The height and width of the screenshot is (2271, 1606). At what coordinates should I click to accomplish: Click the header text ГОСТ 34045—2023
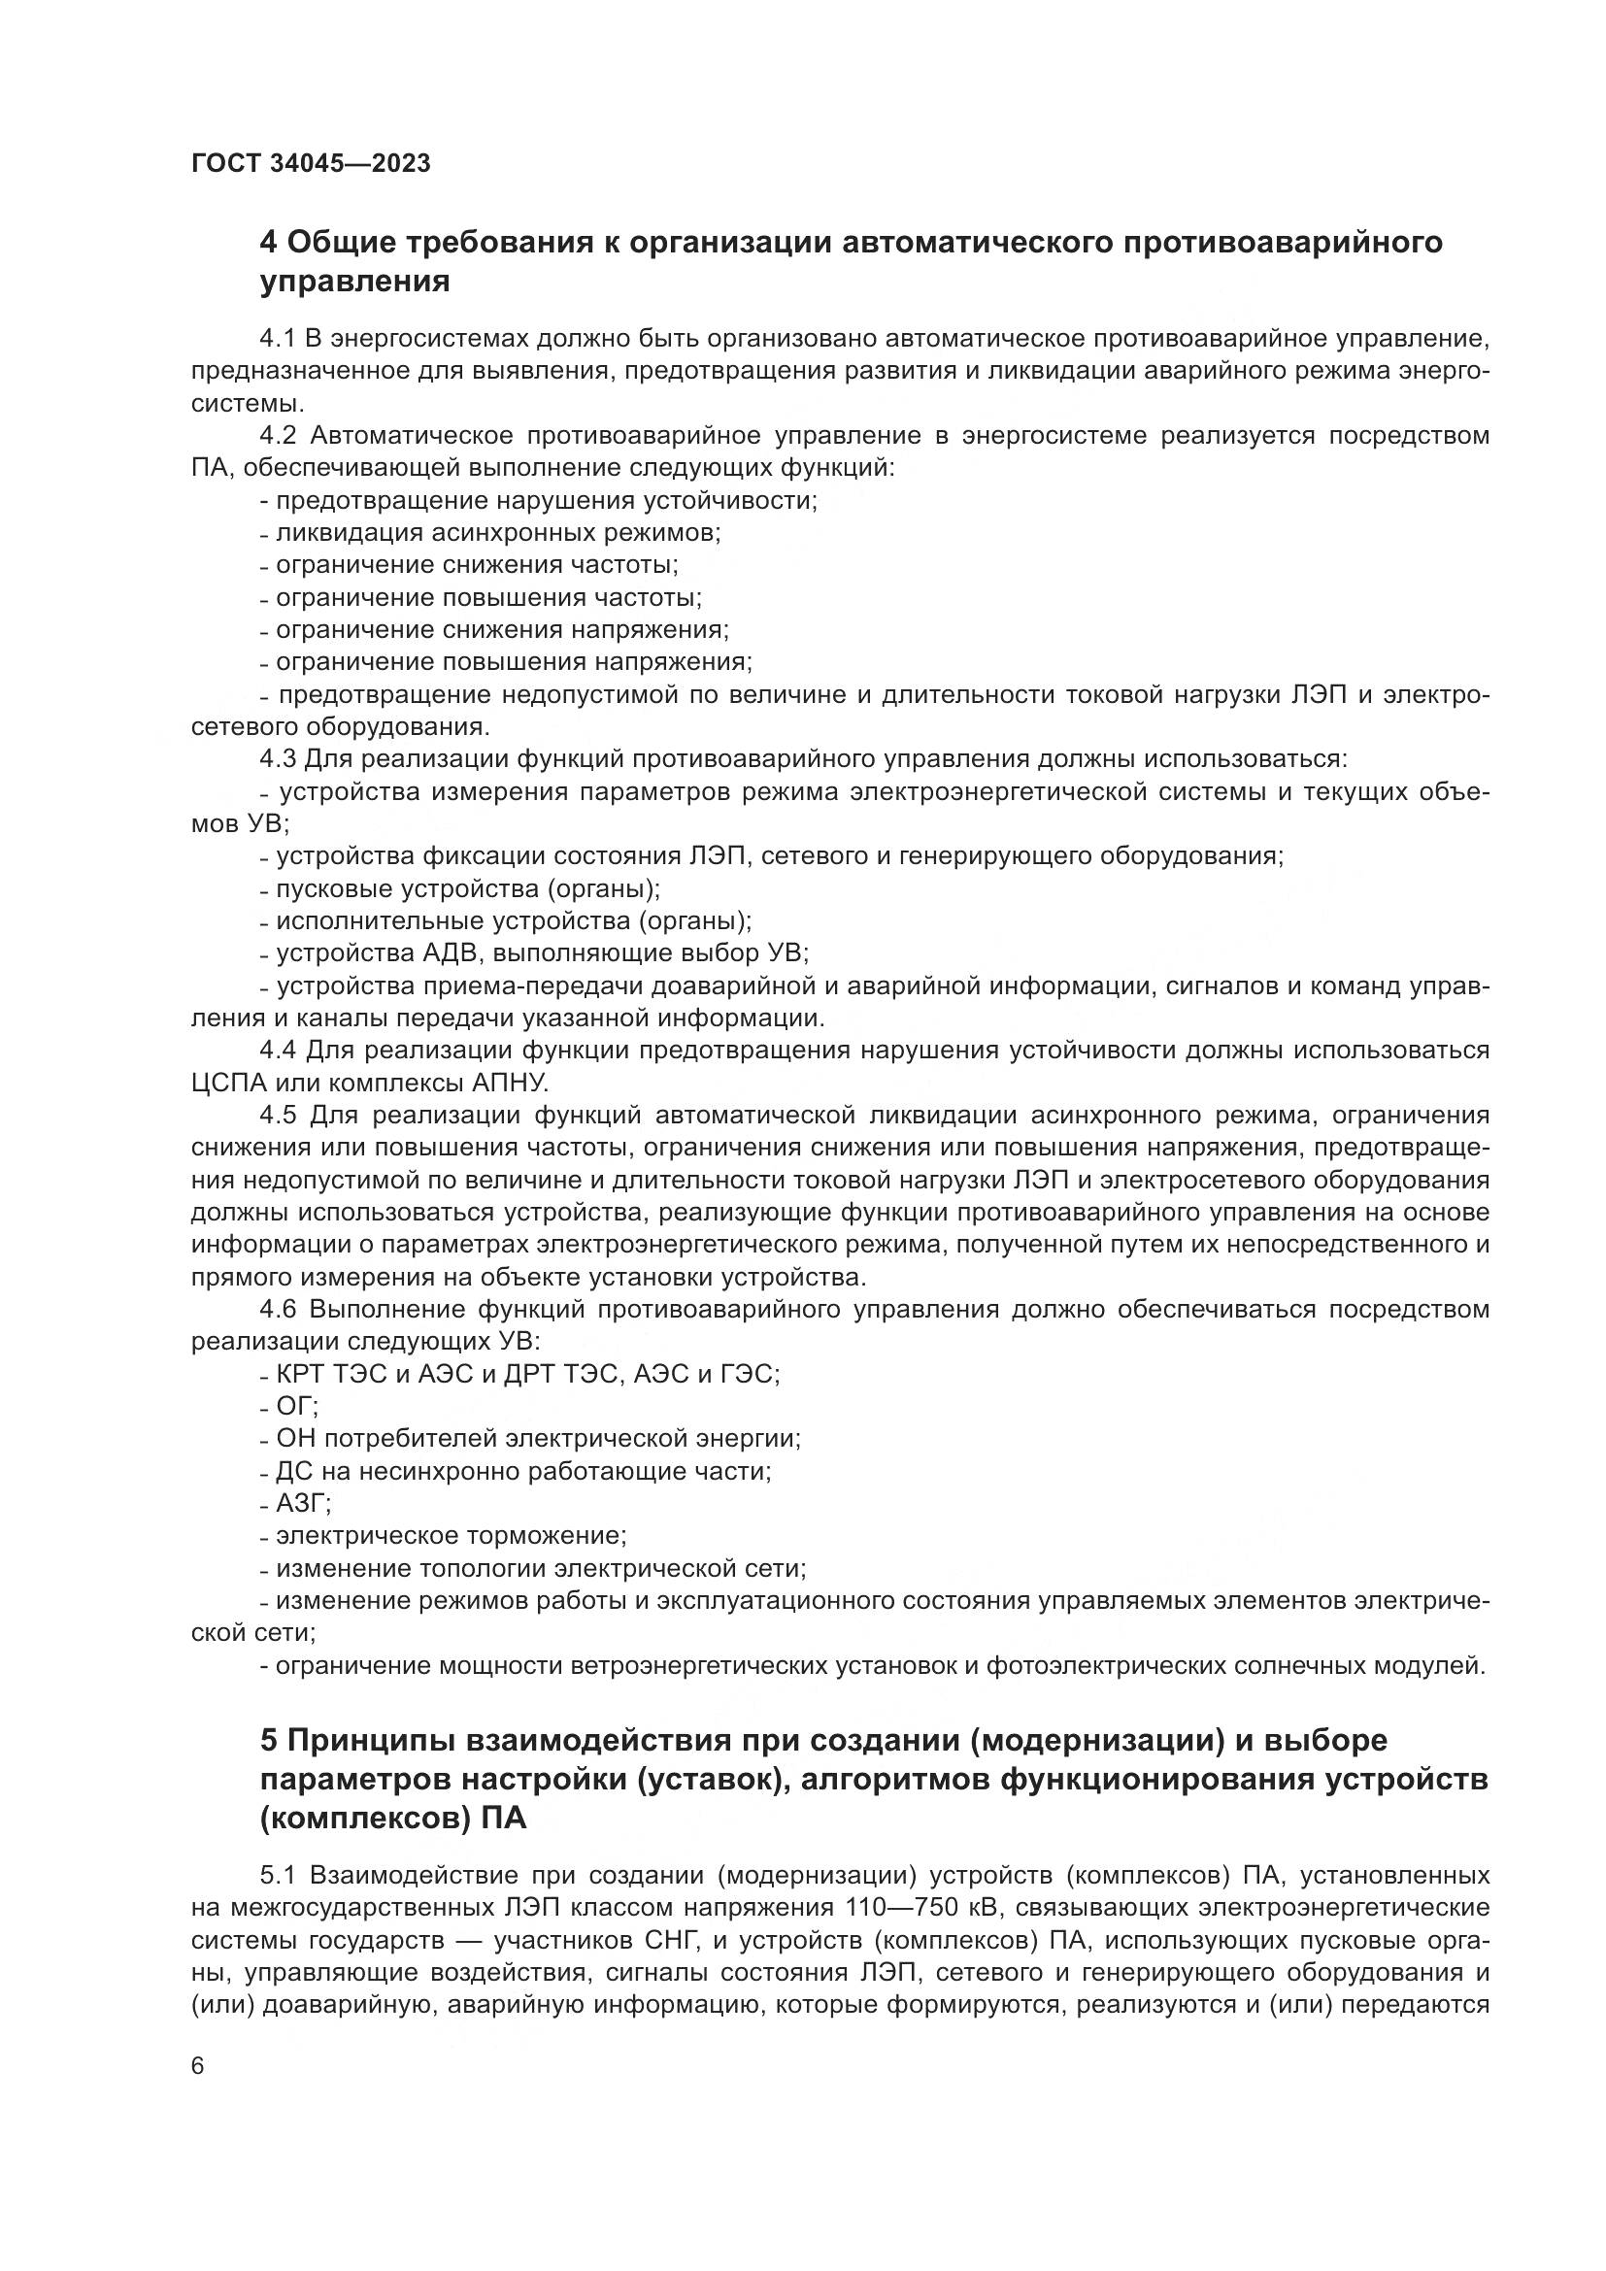[312, 164]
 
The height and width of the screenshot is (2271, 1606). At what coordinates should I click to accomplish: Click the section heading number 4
[268, 243]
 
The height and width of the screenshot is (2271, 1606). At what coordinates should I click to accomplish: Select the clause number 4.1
[278, 339]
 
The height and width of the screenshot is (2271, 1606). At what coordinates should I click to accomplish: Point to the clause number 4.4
[278, 1050]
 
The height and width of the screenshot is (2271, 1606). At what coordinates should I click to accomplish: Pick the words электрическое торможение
[450, 1536]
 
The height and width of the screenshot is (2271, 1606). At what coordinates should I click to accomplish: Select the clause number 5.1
[279, 1874]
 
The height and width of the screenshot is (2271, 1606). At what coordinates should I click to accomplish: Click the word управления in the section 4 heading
[354, 283]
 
